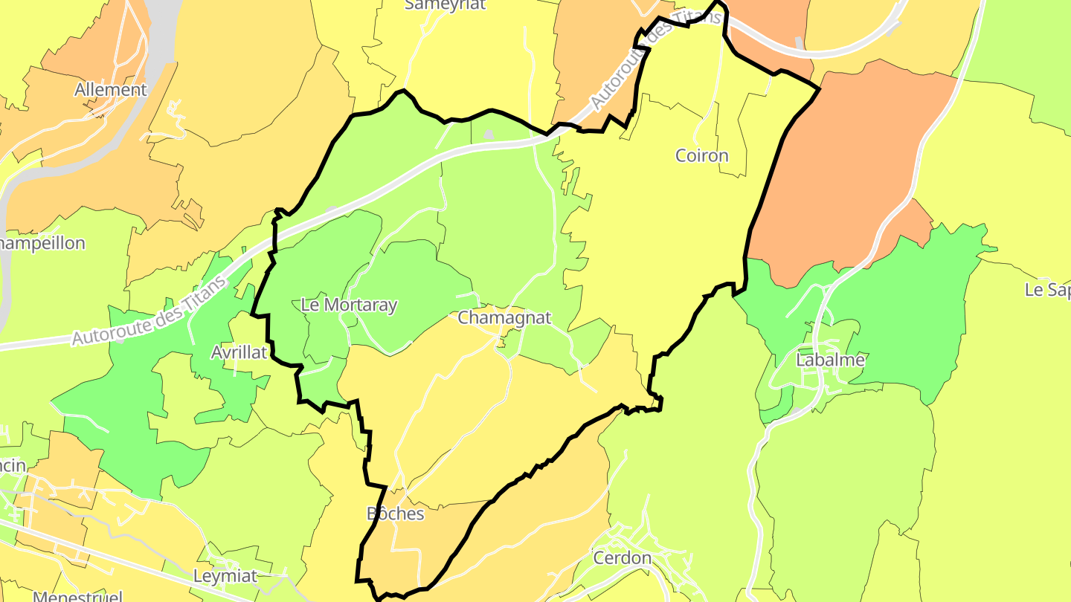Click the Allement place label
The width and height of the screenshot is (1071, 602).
click(111, 90)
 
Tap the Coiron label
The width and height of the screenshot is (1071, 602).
click(701, 155)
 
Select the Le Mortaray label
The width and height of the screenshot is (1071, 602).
click(349, 305)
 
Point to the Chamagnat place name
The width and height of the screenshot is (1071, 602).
click(505, 317)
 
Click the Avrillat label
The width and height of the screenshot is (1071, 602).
click(239, 352)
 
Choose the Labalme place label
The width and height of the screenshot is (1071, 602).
click(830, 360)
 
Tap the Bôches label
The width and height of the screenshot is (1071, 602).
click(395, 514)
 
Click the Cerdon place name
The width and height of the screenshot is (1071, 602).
click(622, 557)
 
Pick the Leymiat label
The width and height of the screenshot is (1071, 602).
click(225, 576)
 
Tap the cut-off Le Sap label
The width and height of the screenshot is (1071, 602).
click(1047, 290)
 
